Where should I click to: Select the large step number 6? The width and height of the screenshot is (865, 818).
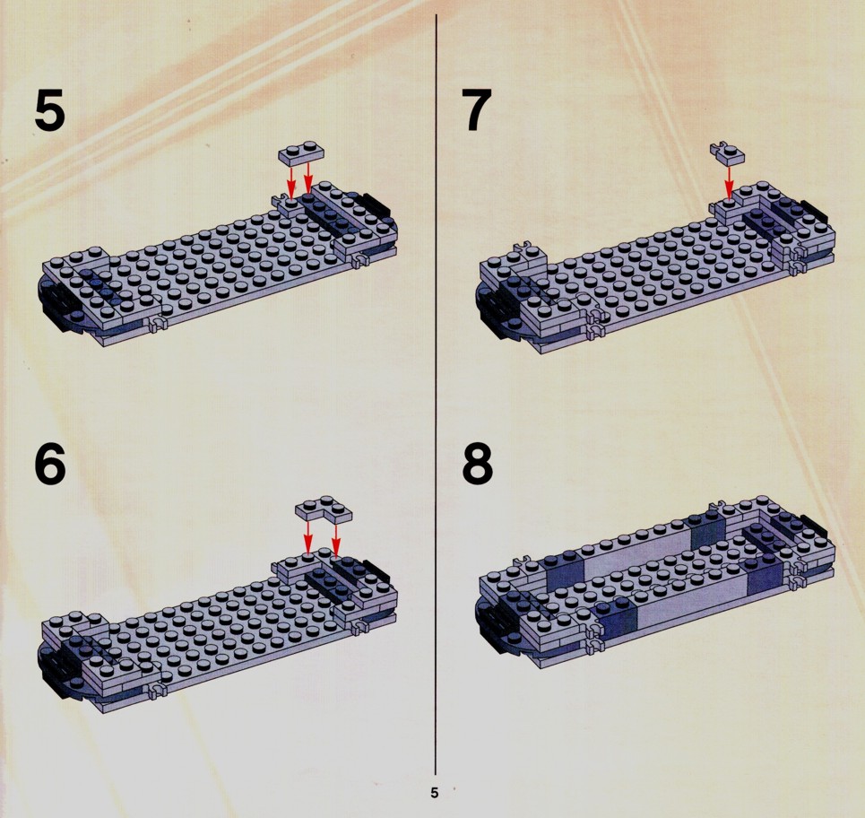[x=49, y=465]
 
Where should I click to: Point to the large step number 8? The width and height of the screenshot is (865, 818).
[x=478, y=465]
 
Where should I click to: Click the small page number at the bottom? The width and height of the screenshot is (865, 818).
[x=434, y=793]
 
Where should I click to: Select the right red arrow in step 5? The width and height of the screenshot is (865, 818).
[x=308, y=178]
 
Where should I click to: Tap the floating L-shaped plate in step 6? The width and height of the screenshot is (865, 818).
[x=324, y=509]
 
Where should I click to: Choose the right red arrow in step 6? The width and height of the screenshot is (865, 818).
[x=336, y=539]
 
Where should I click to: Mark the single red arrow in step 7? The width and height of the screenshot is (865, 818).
[x=729, y=182]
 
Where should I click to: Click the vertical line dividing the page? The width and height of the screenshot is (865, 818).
[x=436, y=394]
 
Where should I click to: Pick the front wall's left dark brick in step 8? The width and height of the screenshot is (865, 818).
[x=618, y=622]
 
